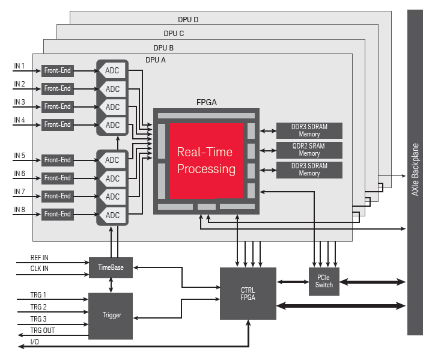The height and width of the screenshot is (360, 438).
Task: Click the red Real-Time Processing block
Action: coord(206,161)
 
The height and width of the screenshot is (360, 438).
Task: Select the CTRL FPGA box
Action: coord(248,294)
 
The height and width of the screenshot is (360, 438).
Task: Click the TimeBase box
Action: coord(111,267)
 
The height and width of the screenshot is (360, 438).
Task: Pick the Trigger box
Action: coord(111,315)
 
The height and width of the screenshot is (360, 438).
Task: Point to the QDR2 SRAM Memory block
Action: coord(309,150)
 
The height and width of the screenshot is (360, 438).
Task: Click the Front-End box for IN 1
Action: coord(58,71)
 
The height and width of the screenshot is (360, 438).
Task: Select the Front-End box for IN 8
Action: coord(58,214)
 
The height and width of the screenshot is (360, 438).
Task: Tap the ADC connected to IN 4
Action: coord(113,125)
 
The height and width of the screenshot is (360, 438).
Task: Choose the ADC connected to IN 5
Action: coord(113,160)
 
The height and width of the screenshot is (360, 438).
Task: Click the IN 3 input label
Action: coord(19,102)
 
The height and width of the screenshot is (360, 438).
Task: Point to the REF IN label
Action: coord(40,258)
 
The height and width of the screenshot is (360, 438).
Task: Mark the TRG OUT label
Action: coord(42,331)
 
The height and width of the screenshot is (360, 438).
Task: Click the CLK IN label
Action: coord(40,269)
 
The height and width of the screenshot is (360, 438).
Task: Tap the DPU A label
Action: coord(156,60)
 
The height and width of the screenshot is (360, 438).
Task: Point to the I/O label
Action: coord(35,342)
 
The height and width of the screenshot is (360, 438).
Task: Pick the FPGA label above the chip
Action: coord(207,102)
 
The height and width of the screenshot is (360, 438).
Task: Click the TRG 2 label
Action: coord(38,307)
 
